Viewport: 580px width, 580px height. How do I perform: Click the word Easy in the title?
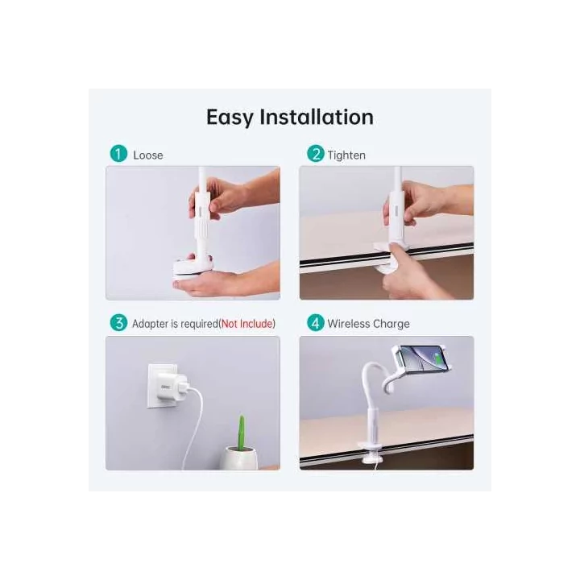click(x=230, y=118)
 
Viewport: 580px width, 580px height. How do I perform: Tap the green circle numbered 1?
click(x=119, y=154)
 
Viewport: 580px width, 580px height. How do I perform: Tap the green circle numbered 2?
click(x=315, y=154)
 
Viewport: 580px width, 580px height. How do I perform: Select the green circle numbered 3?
click(x=119, y=323)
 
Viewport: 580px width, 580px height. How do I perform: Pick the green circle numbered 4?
click(x=315, y=323)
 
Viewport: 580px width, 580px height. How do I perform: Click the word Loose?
click(x=147, y=155)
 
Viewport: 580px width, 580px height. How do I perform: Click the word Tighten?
click(x=346, y=155)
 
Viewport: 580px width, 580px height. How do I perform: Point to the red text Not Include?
click(x=247, y=324)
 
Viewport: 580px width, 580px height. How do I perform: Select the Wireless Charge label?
click(x=368, y=324)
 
